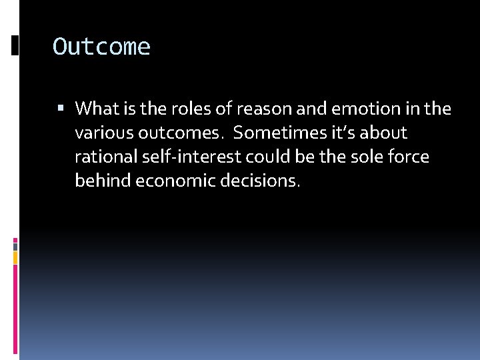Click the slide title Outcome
click(x=101, y=47)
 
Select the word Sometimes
click(x=281, y=133)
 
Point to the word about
click(x=383, y=133)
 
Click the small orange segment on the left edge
click(x=15, y=256)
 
